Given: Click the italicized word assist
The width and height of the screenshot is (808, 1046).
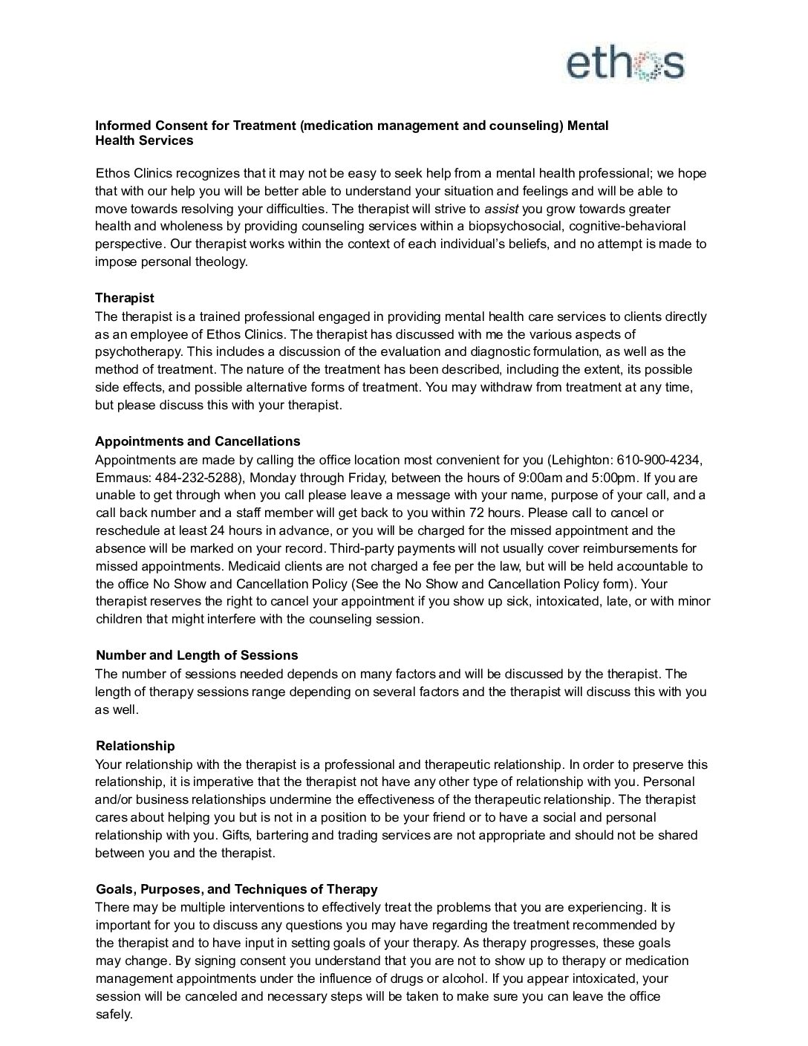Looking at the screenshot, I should coord(501,209).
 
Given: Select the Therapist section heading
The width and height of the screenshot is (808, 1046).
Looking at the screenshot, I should coord(125,298).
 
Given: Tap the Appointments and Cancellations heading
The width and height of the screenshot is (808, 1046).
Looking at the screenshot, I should coord(198,441).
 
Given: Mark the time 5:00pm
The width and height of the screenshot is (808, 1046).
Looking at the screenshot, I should coord(613,478).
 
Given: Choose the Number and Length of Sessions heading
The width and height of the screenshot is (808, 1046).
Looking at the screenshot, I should coord(197,655).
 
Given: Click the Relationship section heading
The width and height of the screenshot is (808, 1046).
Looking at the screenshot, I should coord(135,746).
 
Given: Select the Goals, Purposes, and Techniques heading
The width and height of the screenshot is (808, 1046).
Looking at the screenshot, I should coord(236,889).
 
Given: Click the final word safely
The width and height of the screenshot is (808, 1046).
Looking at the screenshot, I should coord(114,1014).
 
